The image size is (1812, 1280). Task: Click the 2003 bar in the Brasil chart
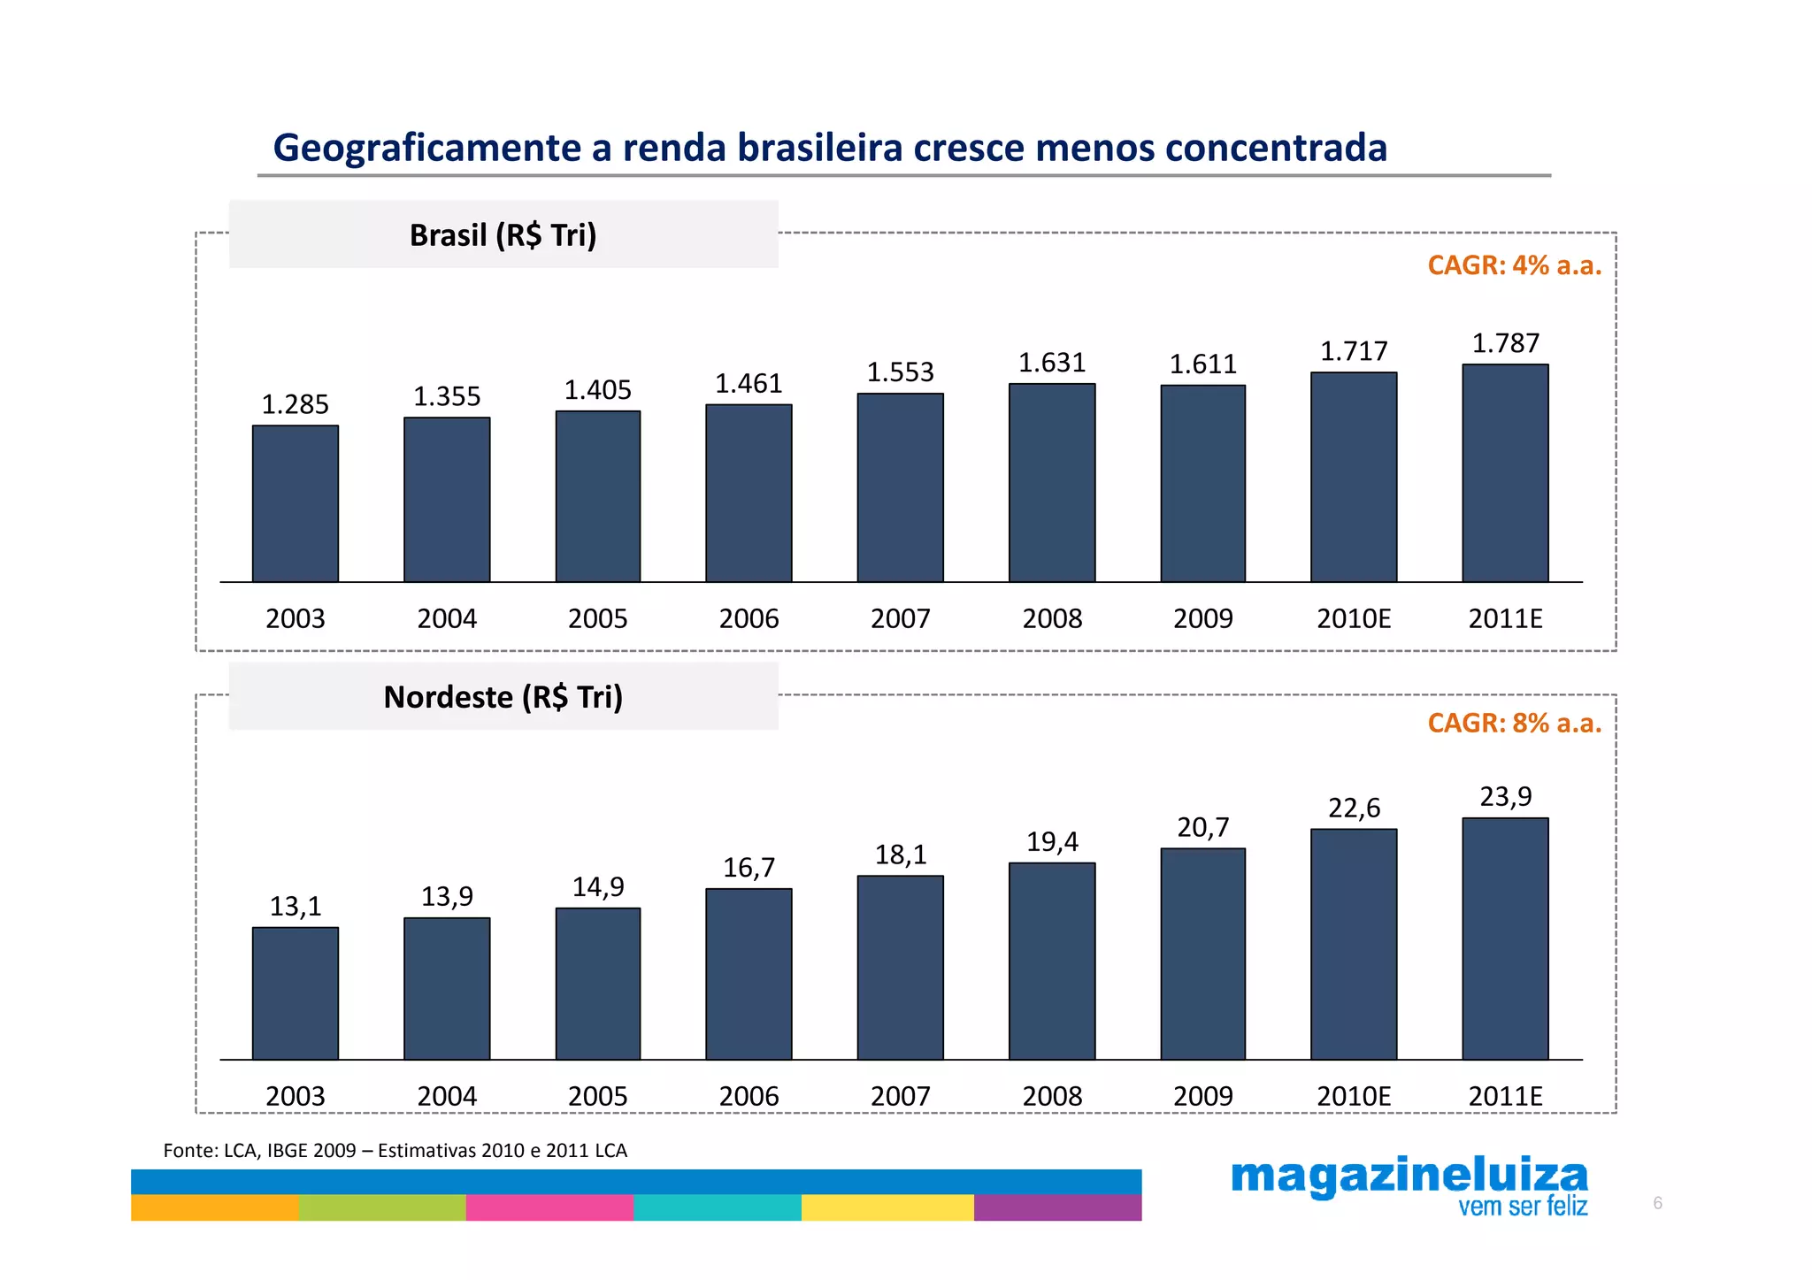[x=295, y=504]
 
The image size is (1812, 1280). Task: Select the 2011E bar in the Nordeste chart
[x=1504, y=939]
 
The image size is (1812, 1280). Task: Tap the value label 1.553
[x=900, y=372]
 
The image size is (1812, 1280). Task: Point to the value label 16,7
[x=749, y=868]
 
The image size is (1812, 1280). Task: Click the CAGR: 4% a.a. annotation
[x=1514, y=265]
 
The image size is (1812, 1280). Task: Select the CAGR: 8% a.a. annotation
[x=1514, y=723]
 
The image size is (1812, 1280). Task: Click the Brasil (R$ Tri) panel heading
[x=503, y=235]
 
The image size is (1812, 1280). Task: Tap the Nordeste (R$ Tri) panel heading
[x=503, y=697]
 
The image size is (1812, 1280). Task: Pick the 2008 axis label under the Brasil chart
[x=1052, y=618]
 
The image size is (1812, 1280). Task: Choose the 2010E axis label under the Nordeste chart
[x=1353, y=1096]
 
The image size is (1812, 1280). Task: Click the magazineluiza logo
[x=1409, y=1176]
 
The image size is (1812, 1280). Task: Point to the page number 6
[x=1657, y=1203]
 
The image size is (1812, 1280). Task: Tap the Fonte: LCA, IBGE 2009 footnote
[x=395, y=1150]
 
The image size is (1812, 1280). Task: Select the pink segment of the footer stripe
[x=549, y=1207]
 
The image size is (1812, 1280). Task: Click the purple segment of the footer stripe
[x=1056, y=1207]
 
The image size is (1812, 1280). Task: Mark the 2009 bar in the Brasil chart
[x=1202, y=484]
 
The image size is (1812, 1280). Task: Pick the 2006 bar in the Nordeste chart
[x=749, y=974]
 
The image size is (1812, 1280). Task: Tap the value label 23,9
[x=1505, y=796]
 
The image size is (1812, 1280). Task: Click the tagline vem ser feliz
[x=1522, y=1207]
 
